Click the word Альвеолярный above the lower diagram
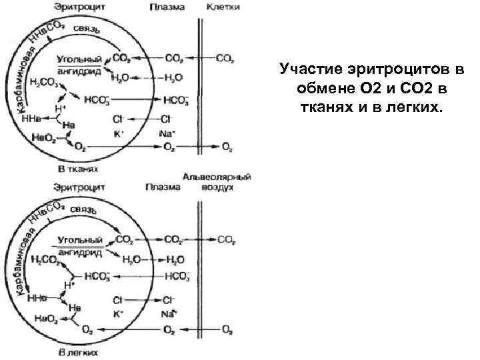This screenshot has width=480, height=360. click(x=218, y=177)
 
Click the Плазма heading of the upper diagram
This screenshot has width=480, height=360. click(x=168, y=7)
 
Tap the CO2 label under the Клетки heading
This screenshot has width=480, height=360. click(x=225, y=58)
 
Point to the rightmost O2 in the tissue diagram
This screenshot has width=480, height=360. click(x=227, y=146)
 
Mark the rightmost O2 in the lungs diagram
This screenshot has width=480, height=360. click(x=227, y=329)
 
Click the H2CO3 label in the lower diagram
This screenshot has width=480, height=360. click(x=44, y=260)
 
